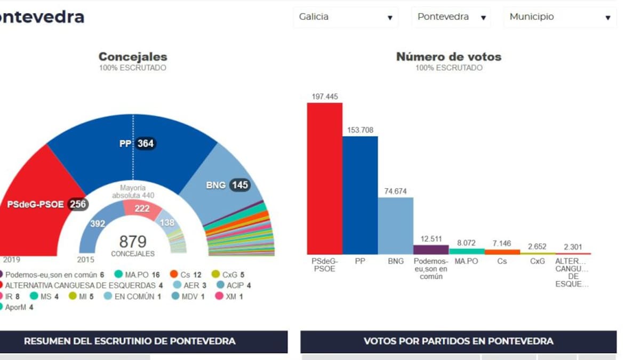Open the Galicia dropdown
point(346,17)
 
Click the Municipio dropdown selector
point(559,17)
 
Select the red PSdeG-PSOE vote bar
point(324,179)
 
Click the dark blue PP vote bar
point(360,195)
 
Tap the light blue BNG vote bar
point(396,226)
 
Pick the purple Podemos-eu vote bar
point(431,250)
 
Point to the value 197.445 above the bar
point(324,97)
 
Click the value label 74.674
point(396,191)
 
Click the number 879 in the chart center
point(132,242)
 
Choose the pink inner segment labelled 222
point(142,209)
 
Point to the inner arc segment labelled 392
point(98,224)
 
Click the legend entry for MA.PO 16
point(137,275)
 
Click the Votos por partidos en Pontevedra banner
point(458,341)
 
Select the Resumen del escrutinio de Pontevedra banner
point(130,341)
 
